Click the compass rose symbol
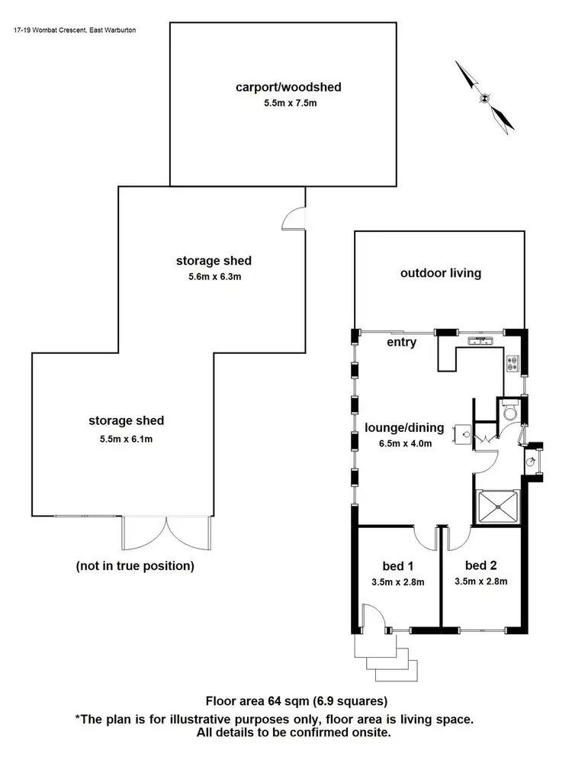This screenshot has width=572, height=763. pyautogui.click(x=485, y=97)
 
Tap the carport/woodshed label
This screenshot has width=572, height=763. pyautogui.click(x=288, y=87)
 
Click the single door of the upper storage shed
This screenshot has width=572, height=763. pyautogui.click(x=294, y=220)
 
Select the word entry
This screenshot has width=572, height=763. pyautogui.click(x=401, y=343)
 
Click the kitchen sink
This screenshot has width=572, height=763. pyautogui.click(x=480, y=340)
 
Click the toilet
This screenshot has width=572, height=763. pyautogui.click(x=512, y=412)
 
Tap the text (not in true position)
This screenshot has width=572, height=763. pyautogui.click(x=135, y=566)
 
